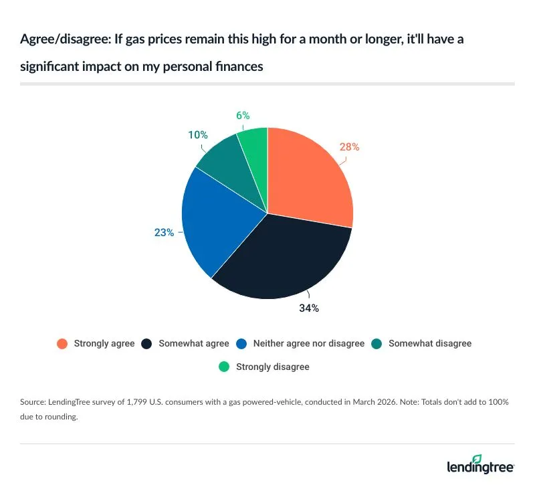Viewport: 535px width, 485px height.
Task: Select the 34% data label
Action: [x=308, y=308]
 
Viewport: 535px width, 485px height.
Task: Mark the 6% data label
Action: [x=243, y=116]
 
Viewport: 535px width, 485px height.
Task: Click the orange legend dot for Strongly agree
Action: [x=62, y=344]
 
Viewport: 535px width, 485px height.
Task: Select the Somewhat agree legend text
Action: [x=194, y=344]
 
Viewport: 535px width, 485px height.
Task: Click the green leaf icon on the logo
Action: [x=477, y=458]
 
